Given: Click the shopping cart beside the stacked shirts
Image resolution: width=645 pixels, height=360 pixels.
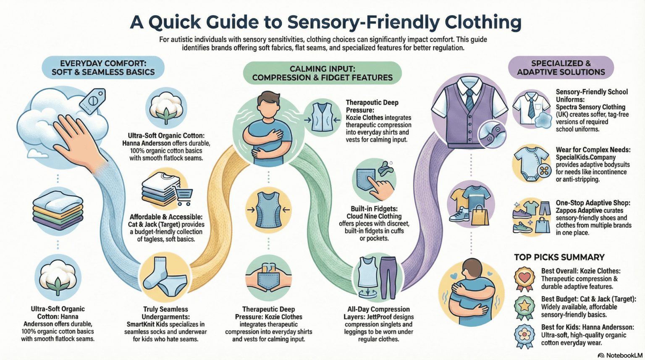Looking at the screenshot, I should coord(184,196).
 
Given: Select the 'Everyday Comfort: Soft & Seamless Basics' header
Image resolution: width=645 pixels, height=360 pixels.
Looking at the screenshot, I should coord(103,68).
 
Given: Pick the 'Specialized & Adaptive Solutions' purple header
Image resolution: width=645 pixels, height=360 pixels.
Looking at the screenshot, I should coord(561,68).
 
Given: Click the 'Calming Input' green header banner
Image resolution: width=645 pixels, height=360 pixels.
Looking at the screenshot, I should coord(322,73).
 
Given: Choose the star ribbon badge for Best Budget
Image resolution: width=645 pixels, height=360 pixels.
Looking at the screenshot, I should coord(524,307).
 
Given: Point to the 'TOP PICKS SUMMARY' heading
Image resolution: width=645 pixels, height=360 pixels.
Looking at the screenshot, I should coord(559,257).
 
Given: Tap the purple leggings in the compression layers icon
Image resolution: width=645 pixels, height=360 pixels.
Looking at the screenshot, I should coord(388,277).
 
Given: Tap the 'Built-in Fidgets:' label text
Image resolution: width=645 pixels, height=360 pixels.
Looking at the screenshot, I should coord(374,209).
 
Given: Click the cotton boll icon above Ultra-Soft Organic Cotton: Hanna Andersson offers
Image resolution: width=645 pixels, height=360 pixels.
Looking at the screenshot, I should coord(166,107).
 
